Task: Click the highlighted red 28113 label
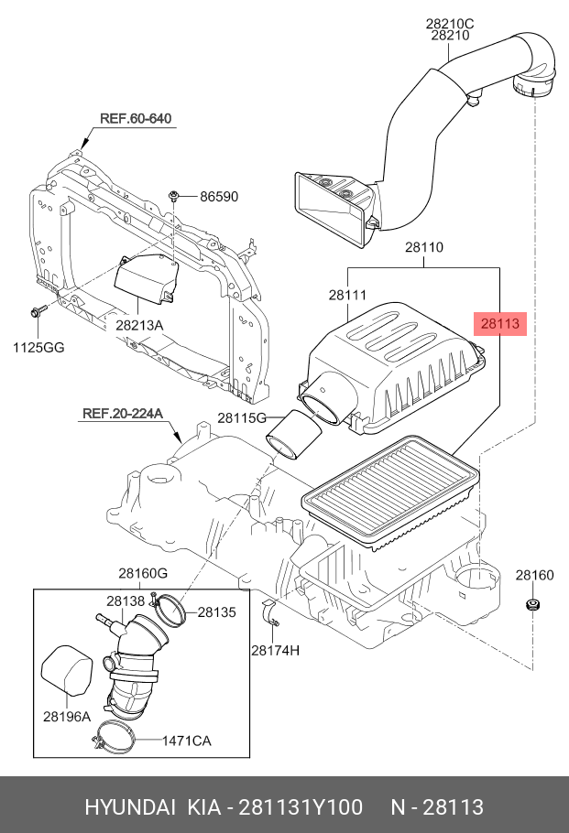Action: point(499,323)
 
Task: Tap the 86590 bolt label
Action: point(218,196)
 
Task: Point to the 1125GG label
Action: point(39,347)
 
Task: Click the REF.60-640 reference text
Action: point(136,119)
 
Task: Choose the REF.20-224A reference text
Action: point(122,414)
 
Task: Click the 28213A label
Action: point(139,325)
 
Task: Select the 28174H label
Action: point(276,650)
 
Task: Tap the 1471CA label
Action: point(187,741)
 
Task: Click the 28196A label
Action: point(67,716)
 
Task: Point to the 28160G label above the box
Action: point(142,573)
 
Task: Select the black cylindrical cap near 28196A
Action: point(69,673)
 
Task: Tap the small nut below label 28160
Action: point(532,606)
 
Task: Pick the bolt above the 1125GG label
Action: point(37,312)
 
